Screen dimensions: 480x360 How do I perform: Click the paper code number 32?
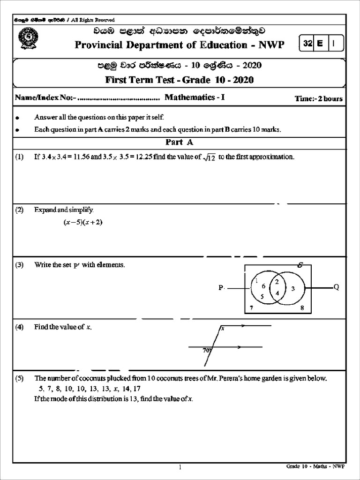click(307, 44)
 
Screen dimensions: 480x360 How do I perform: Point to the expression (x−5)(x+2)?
click(83, 223)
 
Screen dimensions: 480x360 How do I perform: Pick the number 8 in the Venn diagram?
click(302, 308)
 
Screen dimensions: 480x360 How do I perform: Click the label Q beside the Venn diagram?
click(336, 287)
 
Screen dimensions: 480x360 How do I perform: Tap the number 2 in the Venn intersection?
click(277, 282)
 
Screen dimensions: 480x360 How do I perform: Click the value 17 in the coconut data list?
click(136, 389)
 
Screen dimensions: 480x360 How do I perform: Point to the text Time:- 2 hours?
click(318, 98)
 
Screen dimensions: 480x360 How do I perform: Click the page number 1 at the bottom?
click(180, 467)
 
